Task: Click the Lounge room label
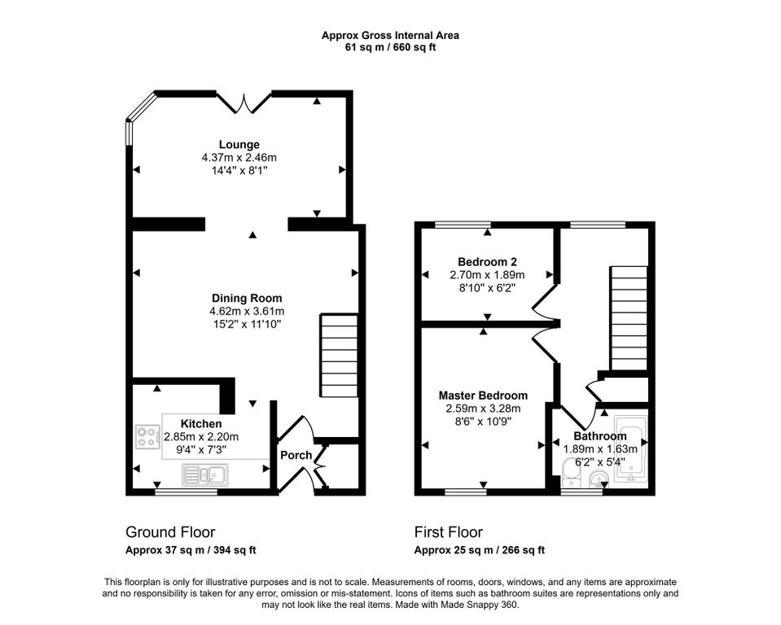[x=239, y=145]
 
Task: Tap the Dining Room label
[x=247, y=298]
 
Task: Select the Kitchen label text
[x=201, y=424]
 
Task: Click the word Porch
[x=296, y=455]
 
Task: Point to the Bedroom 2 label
[x=487, y=262]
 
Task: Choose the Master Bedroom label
[x=483, y=396]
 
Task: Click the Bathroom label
[x=600, y=436]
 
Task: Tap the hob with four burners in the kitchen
[x=148, y=437]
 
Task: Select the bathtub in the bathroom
[x=630, y=449]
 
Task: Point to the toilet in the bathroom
[x=570, y=474]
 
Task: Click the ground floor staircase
[x=340, y=356]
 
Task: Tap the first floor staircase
[x=629, y=318]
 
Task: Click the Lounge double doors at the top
[x=244, y=103]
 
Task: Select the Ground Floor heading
[x=170, y=532]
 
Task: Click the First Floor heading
[x=449, y=532]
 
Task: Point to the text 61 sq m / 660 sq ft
[x=391, y=48]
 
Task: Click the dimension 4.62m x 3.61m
[x=247, y=312]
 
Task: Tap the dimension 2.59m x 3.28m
[x=483, y=409]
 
